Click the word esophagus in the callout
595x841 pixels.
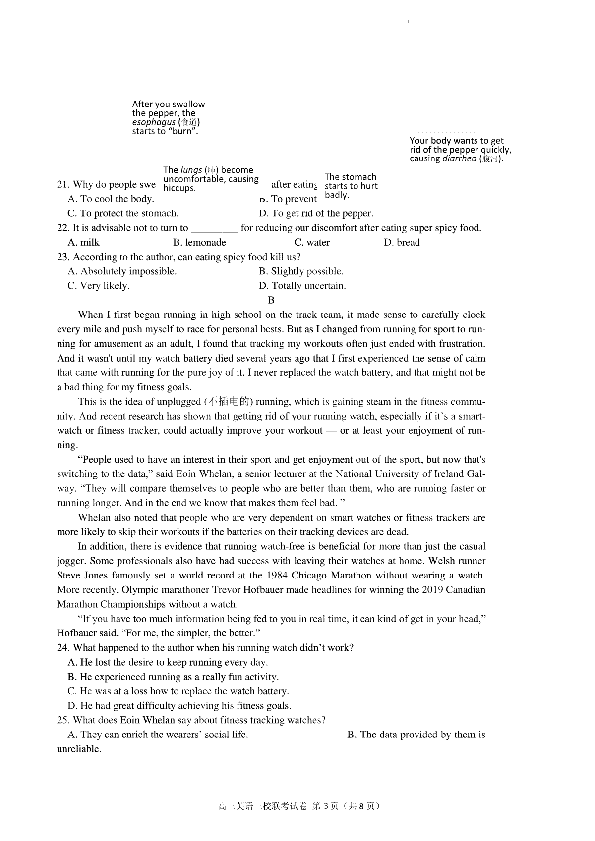[x=154, y=122]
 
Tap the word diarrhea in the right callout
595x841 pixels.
[x=459, y=159]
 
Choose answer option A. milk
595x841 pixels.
[x=84, y=243]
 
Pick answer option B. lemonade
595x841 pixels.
[x=199, y=243]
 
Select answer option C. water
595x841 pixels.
[x=312, y=243]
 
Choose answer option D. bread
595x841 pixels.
[x=402, y=243]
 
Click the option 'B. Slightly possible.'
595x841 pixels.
[x=301, y=271]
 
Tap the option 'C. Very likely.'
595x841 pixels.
[x=98, y=286]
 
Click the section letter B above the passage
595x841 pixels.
[x=271, y=300]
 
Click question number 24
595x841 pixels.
[x=62, y=648]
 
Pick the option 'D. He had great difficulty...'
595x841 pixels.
[x=179, y=706]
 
